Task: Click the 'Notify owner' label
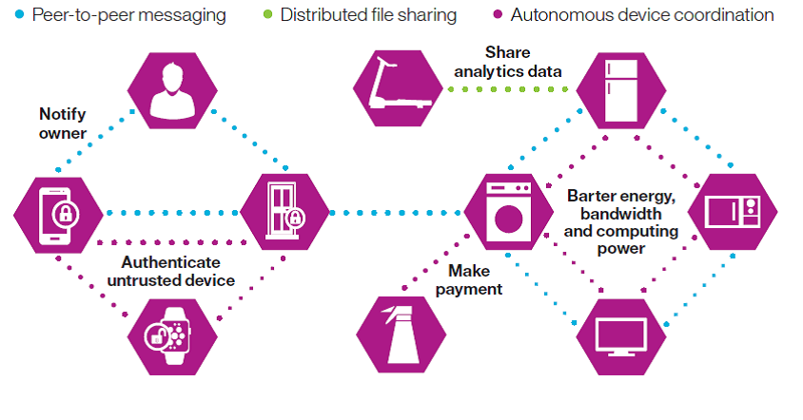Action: click(63, 124)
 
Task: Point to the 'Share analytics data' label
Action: click(507, 62)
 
